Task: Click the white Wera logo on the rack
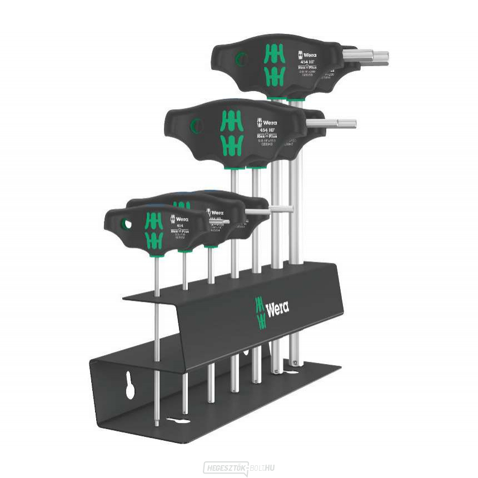(x=277, y=310)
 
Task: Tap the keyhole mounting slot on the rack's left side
(x=131, y=387)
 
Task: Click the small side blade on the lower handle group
(x=258, y=211)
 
